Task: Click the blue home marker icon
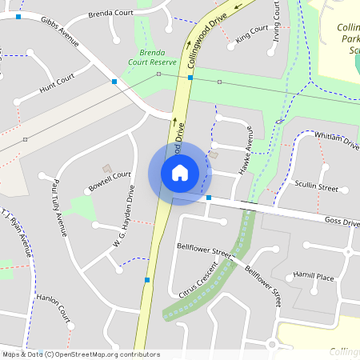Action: (x=180, y=173)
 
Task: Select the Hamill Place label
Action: (x=313, y=277)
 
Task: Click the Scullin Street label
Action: (x=317, y=186)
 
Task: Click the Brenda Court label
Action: (x=110, y=14)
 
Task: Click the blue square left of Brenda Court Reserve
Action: (x=114, y=82)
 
